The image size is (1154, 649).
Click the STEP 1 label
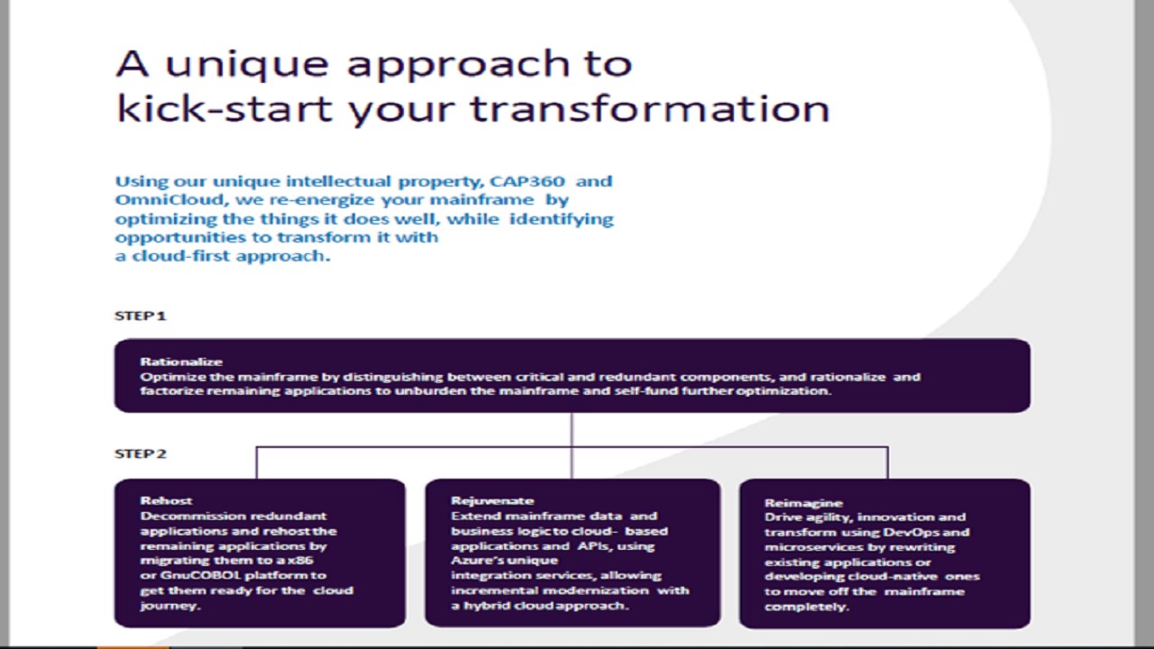click(140, 315)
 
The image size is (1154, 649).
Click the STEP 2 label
click(140, 453)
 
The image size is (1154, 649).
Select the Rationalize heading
click(181, 361)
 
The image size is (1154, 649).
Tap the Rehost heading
click(166, 500)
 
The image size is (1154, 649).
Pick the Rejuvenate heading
click(492, 500)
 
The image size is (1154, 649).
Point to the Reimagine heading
click(803, 503)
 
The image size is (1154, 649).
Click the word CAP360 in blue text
click(527, 181)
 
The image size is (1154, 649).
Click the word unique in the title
click(247, 64)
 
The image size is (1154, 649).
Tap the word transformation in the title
click(650, 109)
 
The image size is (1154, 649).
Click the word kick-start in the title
click(224, 109)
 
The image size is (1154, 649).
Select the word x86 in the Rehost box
click(300, 561)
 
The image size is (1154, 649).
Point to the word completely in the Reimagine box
click(806, 608)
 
